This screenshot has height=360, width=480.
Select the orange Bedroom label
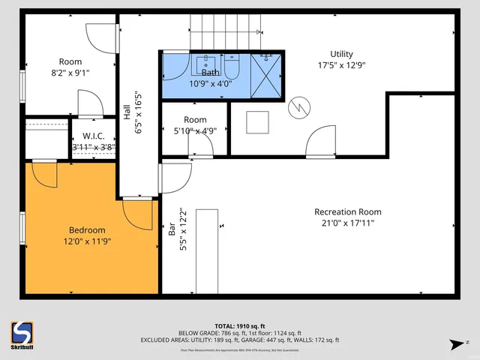pyautogui.click(x=87, y=230)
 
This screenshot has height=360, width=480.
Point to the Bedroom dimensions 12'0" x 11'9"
pyautogui.click(x=87, y=241)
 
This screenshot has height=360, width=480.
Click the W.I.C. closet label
pyautogui.click(x=93, y=136)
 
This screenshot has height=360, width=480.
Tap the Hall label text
pyautogui.click(x=127, y=113)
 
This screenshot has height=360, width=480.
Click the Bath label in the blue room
pyautogui.click(x=210, y=73)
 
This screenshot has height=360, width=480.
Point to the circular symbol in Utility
pyautogui.click(x=299, y=106)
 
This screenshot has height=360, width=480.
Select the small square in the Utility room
pyautogui.click(x=257, y=122)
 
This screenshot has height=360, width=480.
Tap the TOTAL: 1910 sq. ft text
pyautogui.click(x=239, y=326)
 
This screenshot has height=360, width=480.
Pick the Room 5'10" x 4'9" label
pyautogui.click(x=195, y=124)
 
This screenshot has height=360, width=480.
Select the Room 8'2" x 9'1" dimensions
pyautogui.click(x=70, y=73)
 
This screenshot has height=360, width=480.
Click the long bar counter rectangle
pyautogui.click(x=207, y=251)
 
